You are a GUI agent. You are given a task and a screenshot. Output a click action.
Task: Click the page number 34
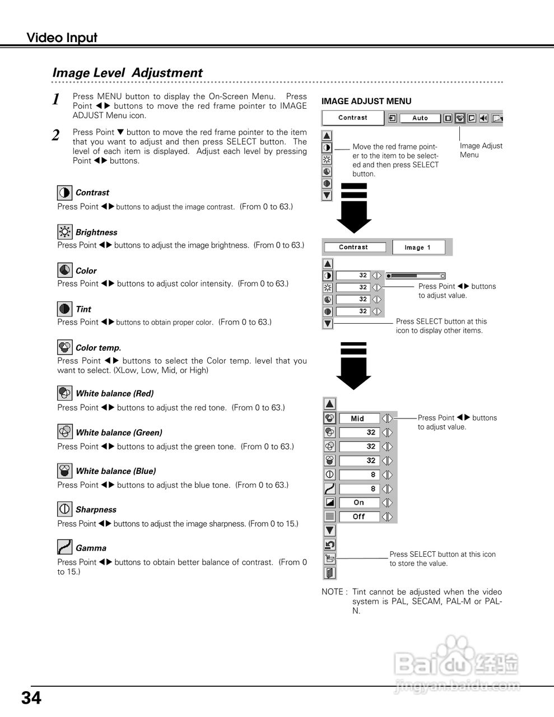tap(31, 698)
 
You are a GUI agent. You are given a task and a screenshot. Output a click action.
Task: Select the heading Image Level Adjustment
tap(127, 73)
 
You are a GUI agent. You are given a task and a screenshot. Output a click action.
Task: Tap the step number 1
tap(56, 100)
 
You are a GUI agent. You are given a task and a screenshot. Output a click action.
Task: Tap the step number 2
tap(56, 136)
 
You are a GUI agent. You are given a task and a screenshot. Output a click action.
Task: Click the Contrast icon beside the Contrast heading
tap(65, 193)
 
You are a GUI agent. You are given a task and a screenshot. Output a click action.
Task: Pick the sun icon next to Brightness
tap(65, 232)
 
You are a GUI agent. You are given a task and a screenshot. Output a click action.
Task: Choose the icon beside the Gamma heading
tap(65, 547)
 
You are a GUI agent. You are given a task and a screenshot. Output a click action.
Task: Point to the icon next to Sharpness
tap(65, 509)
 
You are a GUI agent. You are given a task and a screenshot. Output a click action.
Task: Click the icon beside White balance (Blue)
tap(65, 471)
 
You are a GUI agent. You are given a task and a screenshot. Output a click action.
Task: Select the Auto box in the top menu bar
tap(420, 118)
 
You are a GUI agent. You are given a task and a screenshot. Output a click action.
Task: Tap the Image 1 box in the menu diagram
tap(418, 247)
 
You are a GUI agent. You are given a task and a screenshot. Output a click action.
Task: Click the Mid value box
tap(359, 418)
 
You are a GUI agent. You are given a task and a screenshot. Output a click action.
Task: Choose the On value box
tap(359, 502)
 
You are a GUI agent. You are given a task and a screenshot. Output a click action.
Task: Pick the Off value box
tap(359, 516)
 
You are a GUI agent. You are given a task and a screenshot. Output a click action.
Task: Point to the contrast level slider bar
tap(415, 276)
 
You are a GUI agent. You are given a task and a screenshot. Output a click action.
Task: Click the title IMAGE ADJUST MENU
tap(366, 101)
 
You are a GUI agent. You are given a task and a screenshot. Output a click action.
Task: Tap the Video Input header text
tap(62, 38)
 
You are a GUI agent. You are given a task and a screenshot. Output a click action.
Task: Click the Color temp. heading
tap(98, 348)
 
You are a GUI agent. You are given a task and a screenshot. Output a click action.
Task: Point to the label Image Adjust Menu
tap(481, 150)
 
